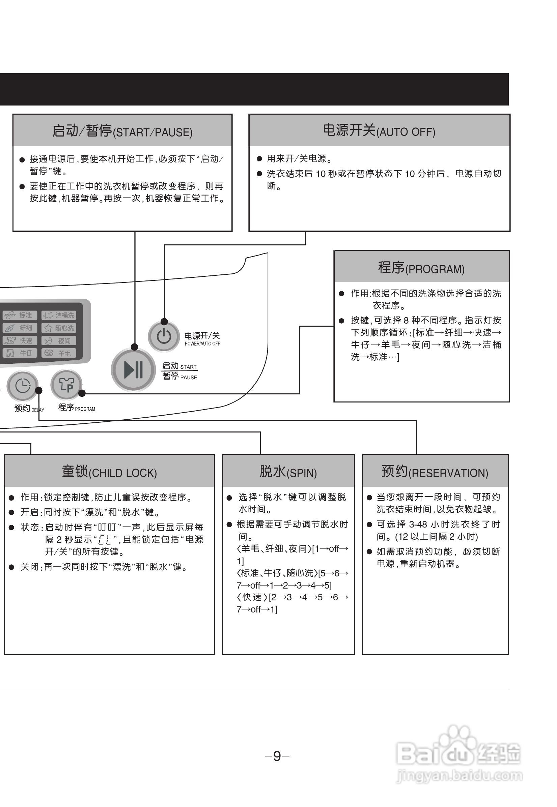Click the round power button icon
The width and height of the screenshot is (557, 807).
click(x=164, y=336)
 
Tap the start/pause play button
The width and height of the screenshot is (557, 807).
click(x=133, y=370)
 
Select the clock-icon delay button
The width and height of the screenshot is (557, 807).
click(x=23, y=386)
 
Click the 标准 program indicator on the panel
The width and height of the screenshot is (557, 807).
click(x=20, y=315)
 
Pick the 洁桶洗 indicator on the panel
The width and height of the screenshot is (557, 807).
click(x=59, y=315)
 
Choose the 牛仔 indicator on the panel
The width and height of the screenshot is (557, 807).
click(x=20, y=353)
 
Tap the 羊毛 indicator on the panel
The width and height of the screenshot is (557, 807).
click(x=59, y=353)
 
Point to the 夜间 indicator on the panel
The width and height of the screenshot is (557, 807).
click(x=59, y=341)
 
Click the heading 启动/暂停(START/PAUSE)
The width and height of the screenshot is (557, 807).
click(x=122, y=131)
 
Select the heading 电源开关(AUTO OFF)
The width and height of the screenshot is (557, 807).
click(x=379, y=131)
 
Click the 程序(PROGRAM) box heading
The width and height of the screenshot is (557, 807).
click(x=421, y=268)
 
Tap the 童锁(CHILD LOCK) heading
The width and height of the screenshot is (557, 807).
click(x=109, y=472)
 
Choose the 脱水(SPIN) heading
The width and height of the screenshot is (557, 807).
click(x=288, y=472)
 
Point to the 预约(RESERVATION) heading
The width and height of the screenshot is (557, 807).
click(x=435, y=472)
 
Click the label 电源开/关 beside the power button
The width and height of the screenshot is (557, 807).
click(x=202, y=336)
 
